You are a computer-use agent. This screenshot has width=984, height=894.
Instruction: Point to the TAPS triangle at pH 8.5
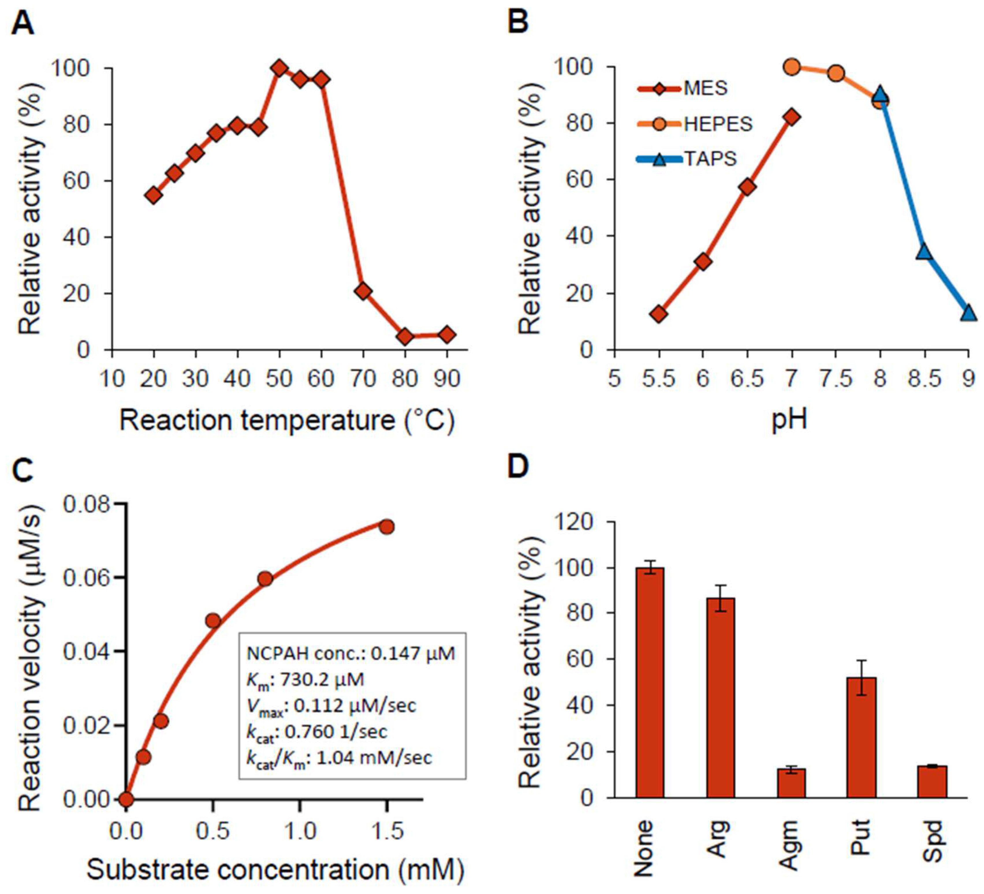point(924,252)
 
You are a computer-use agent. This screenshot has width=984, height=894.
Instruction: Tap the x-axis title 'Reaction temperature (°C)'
point(287,420)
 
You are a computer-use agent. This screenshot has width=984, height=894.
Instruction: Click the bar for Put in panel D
point(862,737)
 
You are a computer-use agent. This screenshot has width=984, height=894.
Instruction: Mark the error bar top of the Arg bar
point(721,586)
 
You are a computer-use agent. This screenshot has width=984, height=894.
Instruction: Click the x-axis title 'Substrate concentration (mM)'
point(275,869)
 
